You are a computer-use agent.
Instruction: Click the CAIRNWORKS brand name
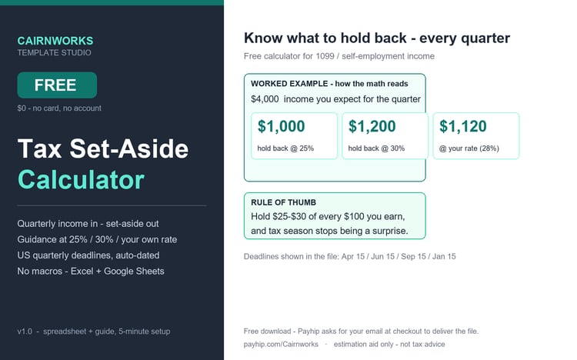(55, 41)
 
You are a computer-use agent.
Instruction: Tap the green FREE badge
(57, 85)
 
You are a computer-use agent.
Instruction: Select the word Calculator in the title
(81, 180)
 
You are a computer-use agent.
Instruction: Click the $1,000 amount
(281, 126)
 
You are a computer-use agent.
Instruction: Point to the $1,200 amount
(372, 126)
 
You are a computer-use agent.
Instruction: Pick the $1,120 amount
(463, 126)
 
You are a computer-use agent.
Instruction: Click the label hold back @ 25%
(285, 148)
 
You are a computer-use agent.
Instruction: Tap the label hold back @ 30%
(376, 148)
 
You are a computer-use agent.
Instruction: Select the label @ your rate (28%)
(469, 148)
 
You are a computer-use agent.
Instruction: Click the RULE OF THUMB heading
(283, 202)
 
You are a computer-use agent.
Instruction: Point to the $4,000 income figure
(265, 99)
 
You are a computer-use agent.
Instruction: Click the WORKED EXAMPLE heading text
(289, 84)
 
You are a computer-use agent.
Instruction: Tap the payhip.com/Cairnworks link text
(281, 344)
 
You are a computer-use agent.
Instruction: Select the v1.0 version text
(25, 332)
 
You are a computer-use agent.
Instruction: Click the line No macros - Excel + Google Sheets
(91, 272)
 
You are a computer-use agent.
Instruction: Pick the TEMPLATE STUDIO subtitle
(54, 52)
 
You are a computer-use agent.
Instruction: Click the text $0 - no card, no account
(59, 108)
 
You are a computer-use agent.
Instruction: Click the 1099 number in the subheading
(325, 56)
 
